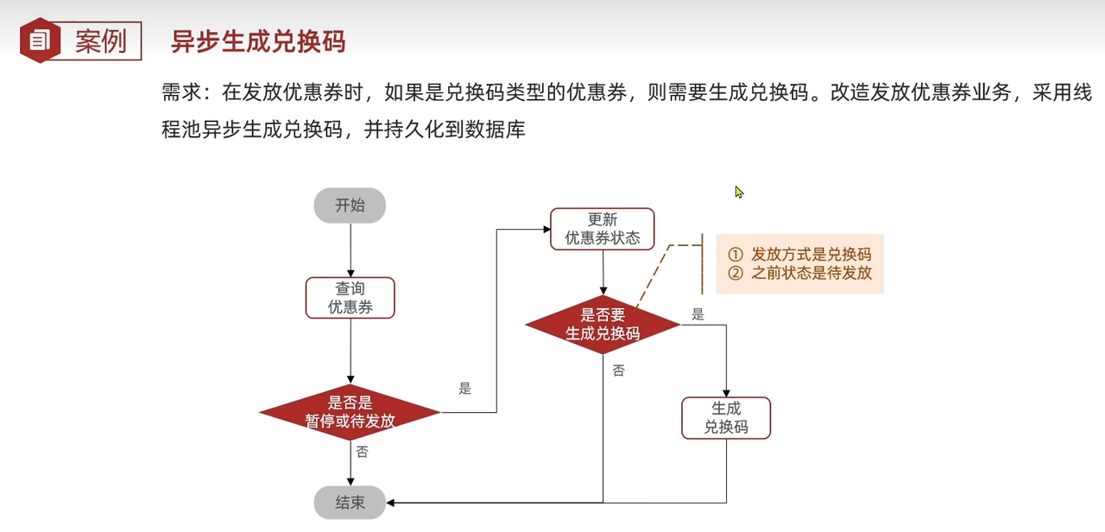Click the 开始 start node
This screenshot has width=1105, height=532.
click(x=350, y=206)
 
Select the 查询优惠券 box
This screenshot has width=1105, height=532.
click(x=350, y=298)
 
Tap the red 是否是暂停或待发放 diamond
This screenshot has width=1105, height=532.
click(x=350, y=412)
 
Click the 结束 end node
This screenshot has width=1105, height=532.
click(x=350, y=503)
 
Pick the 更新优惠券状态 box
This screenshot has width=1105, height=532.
click(x=603, y=229)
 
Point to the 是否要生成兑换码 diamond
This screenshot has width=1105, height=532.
click(x=603, y=324)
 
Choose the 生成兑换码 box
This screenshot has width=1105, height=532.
click(x=725, y=418)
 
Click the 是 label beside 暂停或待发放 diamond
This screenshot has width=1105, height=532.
click(x=465, y=389)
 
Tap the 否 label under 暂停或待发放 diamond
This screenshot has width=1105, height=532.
click(x=362, y=452)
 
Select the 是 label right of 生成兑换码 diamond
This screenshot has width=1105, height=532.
click(x=698, y=315)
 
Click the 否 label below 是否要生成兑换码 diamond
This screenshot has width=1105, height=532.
click(x=618, y=370)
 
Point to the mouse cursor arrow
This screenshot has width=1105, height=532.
click(x=739, y=192)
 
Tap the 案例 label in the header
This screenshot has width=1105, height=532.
click(x=101, y=41)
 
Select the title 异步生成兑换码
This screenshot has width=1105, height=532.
click(x=258, y=41)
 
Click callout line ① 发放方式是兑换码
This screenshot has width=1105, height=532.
click(x=799, y=254)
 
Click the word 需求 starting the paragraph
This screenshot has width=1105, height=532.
click(x=180, y=93)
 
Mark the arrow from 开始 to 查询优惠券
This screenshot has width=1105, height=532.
click(x=350, y=250)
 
